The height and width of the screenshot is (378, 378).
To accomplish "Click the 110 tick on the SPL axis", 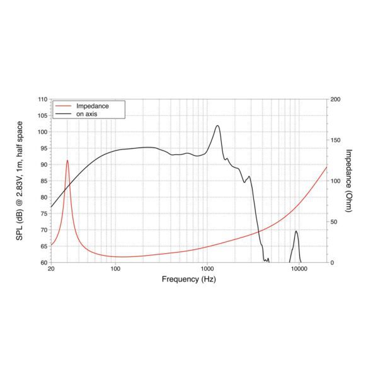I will (42, 100).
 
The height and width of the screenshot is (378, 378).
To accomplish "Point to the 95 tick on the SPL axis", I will (42, 149).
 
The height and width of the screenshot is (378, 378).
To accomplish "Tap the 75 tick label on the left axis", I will (42, 214).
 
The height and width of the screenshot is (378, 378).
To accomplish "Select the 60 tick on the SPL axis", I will (42, 263).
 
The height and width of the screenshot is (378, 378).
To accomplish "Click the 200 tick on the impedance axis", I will (335, 100).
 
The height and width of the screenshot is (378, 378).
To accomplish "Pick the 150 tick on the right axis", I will (335, 140).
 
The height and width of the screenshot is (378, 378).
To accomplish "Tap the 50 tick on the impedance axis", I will (334, 222).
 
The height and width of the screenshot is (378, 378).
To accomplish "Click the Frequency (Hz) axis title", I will (189, 279).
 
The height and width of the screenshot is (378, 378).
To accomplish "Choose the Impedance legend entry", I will (92, 106).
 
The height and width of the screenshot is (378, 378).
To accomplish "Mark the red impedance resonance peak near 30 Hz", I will (67, 161).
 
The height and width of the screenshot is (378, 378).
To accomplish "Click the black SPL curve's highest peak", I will (217, 125).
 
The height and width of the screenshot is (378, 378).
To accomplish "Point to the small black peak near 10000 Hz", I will (296, 231).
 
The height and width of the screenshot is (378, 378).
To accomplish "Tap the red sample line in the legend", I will (63, 106).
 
